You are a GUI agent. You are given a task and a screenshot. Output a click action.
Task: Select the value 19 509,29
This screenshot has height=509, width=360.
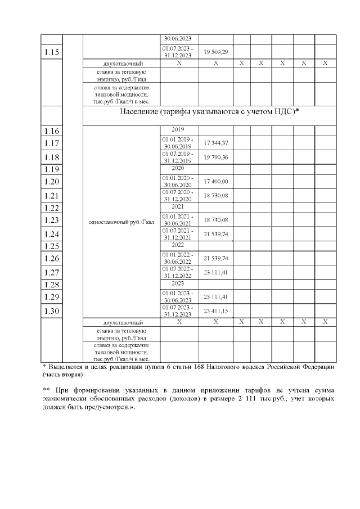[x=216, y=52]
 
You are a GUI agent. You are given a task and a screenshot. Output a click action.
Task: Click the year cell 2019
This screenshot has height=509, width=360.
[x=178, y=129]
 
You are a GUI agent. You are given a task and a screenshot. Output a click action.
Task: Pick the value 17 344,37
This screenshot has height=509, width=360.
[x=216, y=143]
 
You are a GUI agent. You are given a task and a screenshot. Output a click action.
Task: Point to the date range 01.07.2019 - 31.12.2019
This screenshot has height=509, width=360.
[x=178, y=156]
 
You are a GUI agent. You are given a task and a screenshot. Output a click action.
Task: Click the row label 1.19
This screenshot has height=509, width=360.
[x=52, y=169]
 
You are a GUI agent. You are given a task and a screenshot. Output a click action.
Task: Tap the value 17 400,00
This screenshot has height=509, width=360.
[x=216, y=182]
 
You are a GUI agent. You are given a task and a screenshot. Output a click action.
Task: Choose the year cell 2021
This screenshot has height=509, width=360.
[x=178, y=207]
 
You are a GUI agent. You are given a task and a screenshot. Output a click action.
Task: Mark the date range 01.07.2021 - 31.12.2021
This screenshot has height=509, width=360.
[x=178, y=233]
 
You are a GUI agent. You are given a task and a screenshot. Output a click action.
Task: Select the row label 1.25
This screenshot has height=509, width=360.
[x=52, y=246]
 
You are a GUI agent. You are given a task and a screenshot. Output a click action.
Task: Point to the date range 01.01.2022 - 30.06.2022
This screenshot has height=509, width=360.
[x=178, y=258]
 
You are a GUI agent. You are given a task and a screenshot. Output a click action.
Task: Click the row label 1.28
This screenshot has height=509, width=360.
[x=52, y=285]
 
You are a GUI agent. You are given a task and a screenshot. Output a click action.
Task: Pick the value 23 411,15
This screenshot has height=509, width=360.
[x=216, y=311]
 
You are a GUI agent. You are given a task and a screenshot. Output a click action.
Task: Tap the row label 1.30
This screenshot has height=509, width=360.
[x=52, y=311]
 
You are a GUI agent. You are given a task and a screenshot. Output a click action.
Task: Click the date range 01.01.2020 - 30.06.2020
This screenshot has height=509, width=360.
[x=178, y=182]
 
